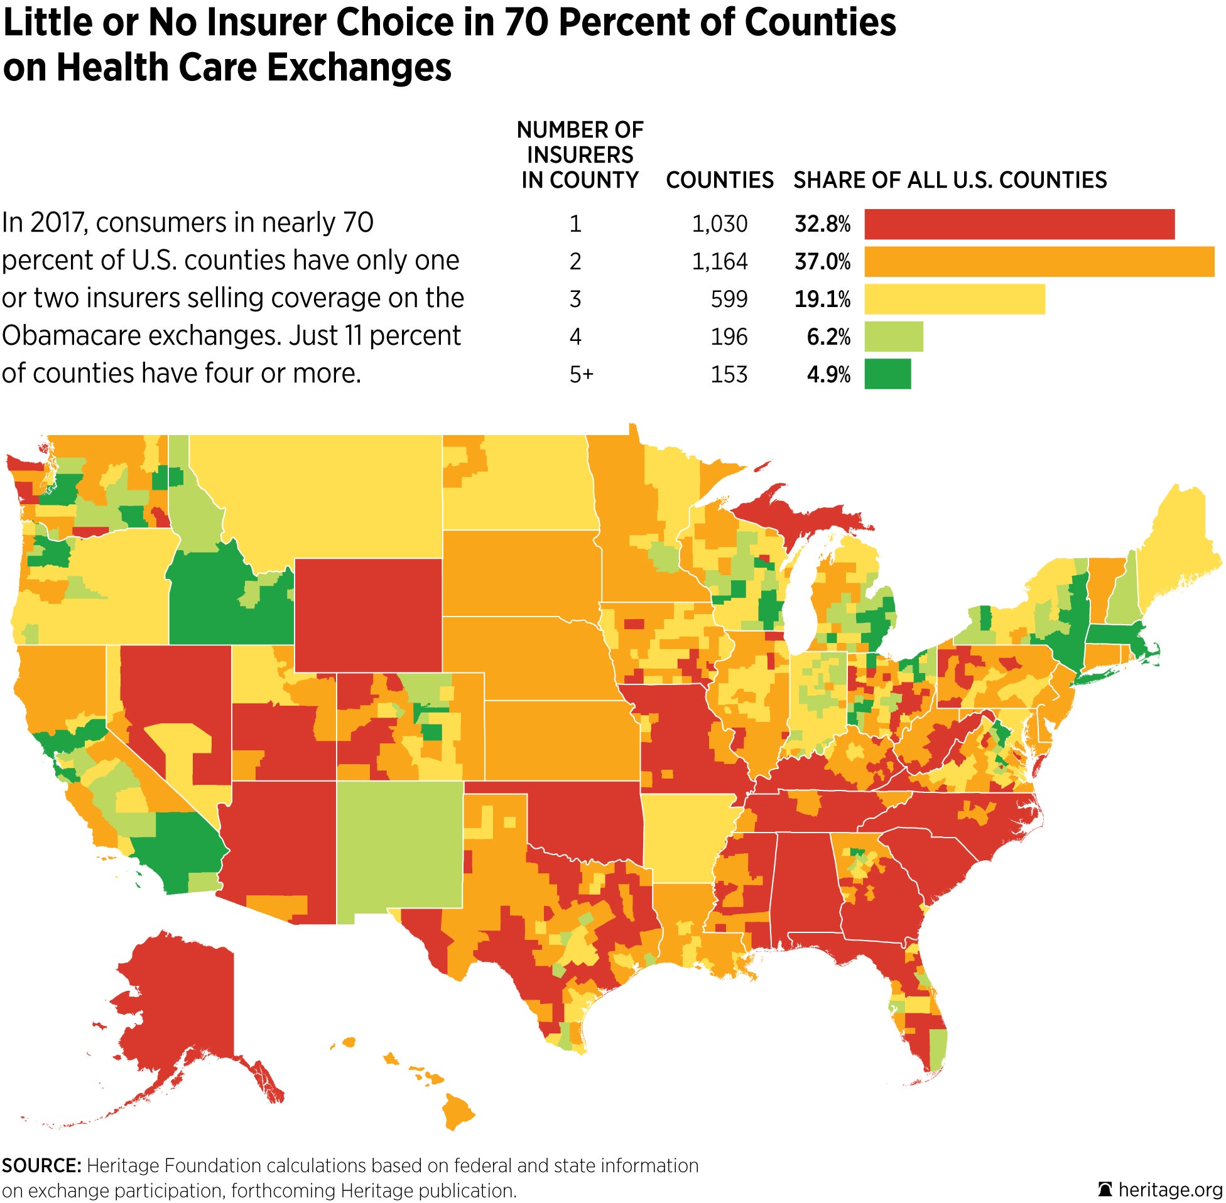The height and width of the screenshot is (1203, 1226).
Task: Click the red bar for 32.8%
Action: [x=1019, y=224]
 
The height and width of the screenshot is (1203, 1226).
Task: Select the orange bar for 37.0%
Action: [x=1039, y=262]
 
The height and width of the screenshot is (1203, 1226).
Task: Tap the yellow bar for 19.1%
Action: [x=954, y=299]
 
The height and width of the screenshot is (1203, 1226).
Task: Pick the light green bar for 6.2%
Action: [x=894, y=336]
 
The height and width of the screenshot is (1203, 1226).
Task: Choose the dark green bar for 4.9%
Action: [x=887, y=374]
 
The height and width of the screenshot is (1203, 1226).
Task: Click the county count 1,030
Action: [x=719, y=224]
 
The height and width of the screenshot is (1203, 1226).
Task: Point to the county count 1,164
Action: [x=719, y=262]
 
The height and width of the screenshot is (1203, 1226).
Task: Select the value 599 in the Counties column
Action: [x=729, y=299]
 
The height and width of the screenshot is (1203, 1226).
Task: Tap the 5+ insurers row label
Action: [x=581, y=375]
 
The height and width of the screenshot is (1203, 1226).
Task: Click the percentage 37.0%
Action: [x=822, y=262]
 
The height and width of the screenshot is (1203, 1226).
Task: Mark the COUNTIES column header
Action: [x=719, y=181]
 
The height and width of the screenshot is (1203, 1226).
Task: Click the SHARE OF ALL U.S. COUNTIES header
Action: [x=950, y=181]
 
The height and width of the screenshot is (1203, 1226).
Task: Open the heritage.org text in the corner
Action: [x=1169, y=1190]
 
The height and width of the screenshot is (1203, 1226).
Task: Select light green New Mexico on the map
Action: [x=399, y=850]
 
